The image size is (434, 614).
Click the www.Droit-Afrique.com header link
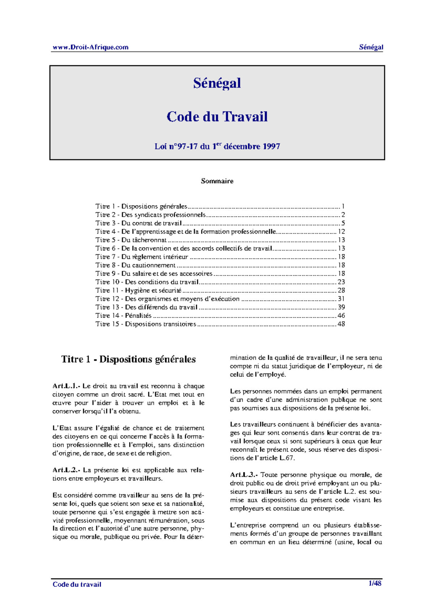click(90, 47)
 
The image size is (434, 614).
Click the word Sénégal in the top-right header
click(371, 47)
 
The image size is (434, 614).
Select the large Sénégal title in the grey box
click(217, 83)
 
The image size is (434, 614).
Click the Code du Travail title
click(217, 117)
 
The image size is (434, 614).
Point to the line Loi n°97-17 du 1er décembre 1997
click(217, 146)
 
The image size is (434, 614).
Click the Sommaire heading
click(217, 181)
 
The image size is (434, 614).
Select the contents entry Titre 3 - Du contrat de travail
click(139, 223)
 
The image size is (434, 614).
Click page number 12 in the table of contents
click(341, 231)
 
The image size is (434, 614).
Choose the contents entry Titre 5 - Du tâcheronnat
click(131, 240)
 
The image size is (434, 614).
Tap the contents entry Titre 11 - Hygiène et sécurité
click(139, 290)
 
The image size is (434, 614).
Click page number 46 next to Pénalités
click(341, 315)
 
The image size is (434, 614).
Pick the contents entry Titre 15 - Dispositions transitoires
click(146, 324)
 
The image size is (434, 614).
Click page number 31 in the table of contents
click(341, 299)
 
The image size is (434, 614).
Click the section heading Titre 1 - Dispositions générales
click(128, 359)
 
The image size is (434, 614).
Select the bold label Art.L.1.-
click(66, 386)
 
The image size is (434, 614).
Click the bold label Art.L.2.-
click(67, 470)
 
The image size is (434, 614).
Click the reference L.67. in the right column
click(287, 458)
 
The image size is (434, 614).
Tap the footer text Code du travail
click(77, 584)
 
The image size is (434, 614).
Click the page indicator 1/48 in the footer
click(375, 583)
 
